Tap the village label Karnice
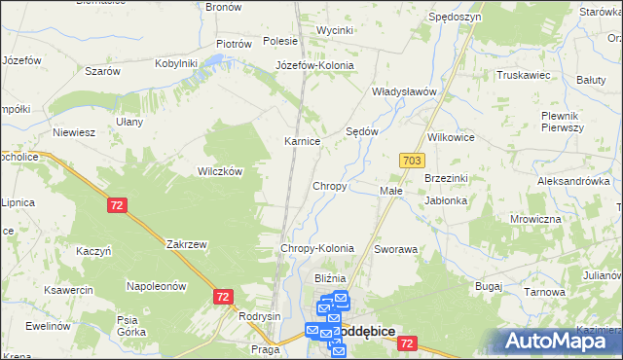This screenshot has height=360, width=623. coord(302,141)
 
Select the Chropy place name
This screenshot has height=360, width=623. coord(329,185)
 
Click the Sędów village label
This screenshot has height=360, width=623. coord(362,130)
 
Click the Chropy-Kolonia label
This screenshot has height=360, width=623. coord(316,249)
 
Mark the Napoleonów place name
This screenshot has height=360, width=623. coord(156,286)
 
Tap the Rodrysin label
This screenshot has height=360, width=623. coord(260,316)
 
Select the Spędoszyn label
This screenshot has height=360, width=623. coord(454,18)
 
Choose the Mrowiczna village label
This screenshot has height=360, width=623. coord(535,219)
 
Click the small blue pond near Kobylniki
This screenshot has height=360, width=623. coord(214,60)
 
